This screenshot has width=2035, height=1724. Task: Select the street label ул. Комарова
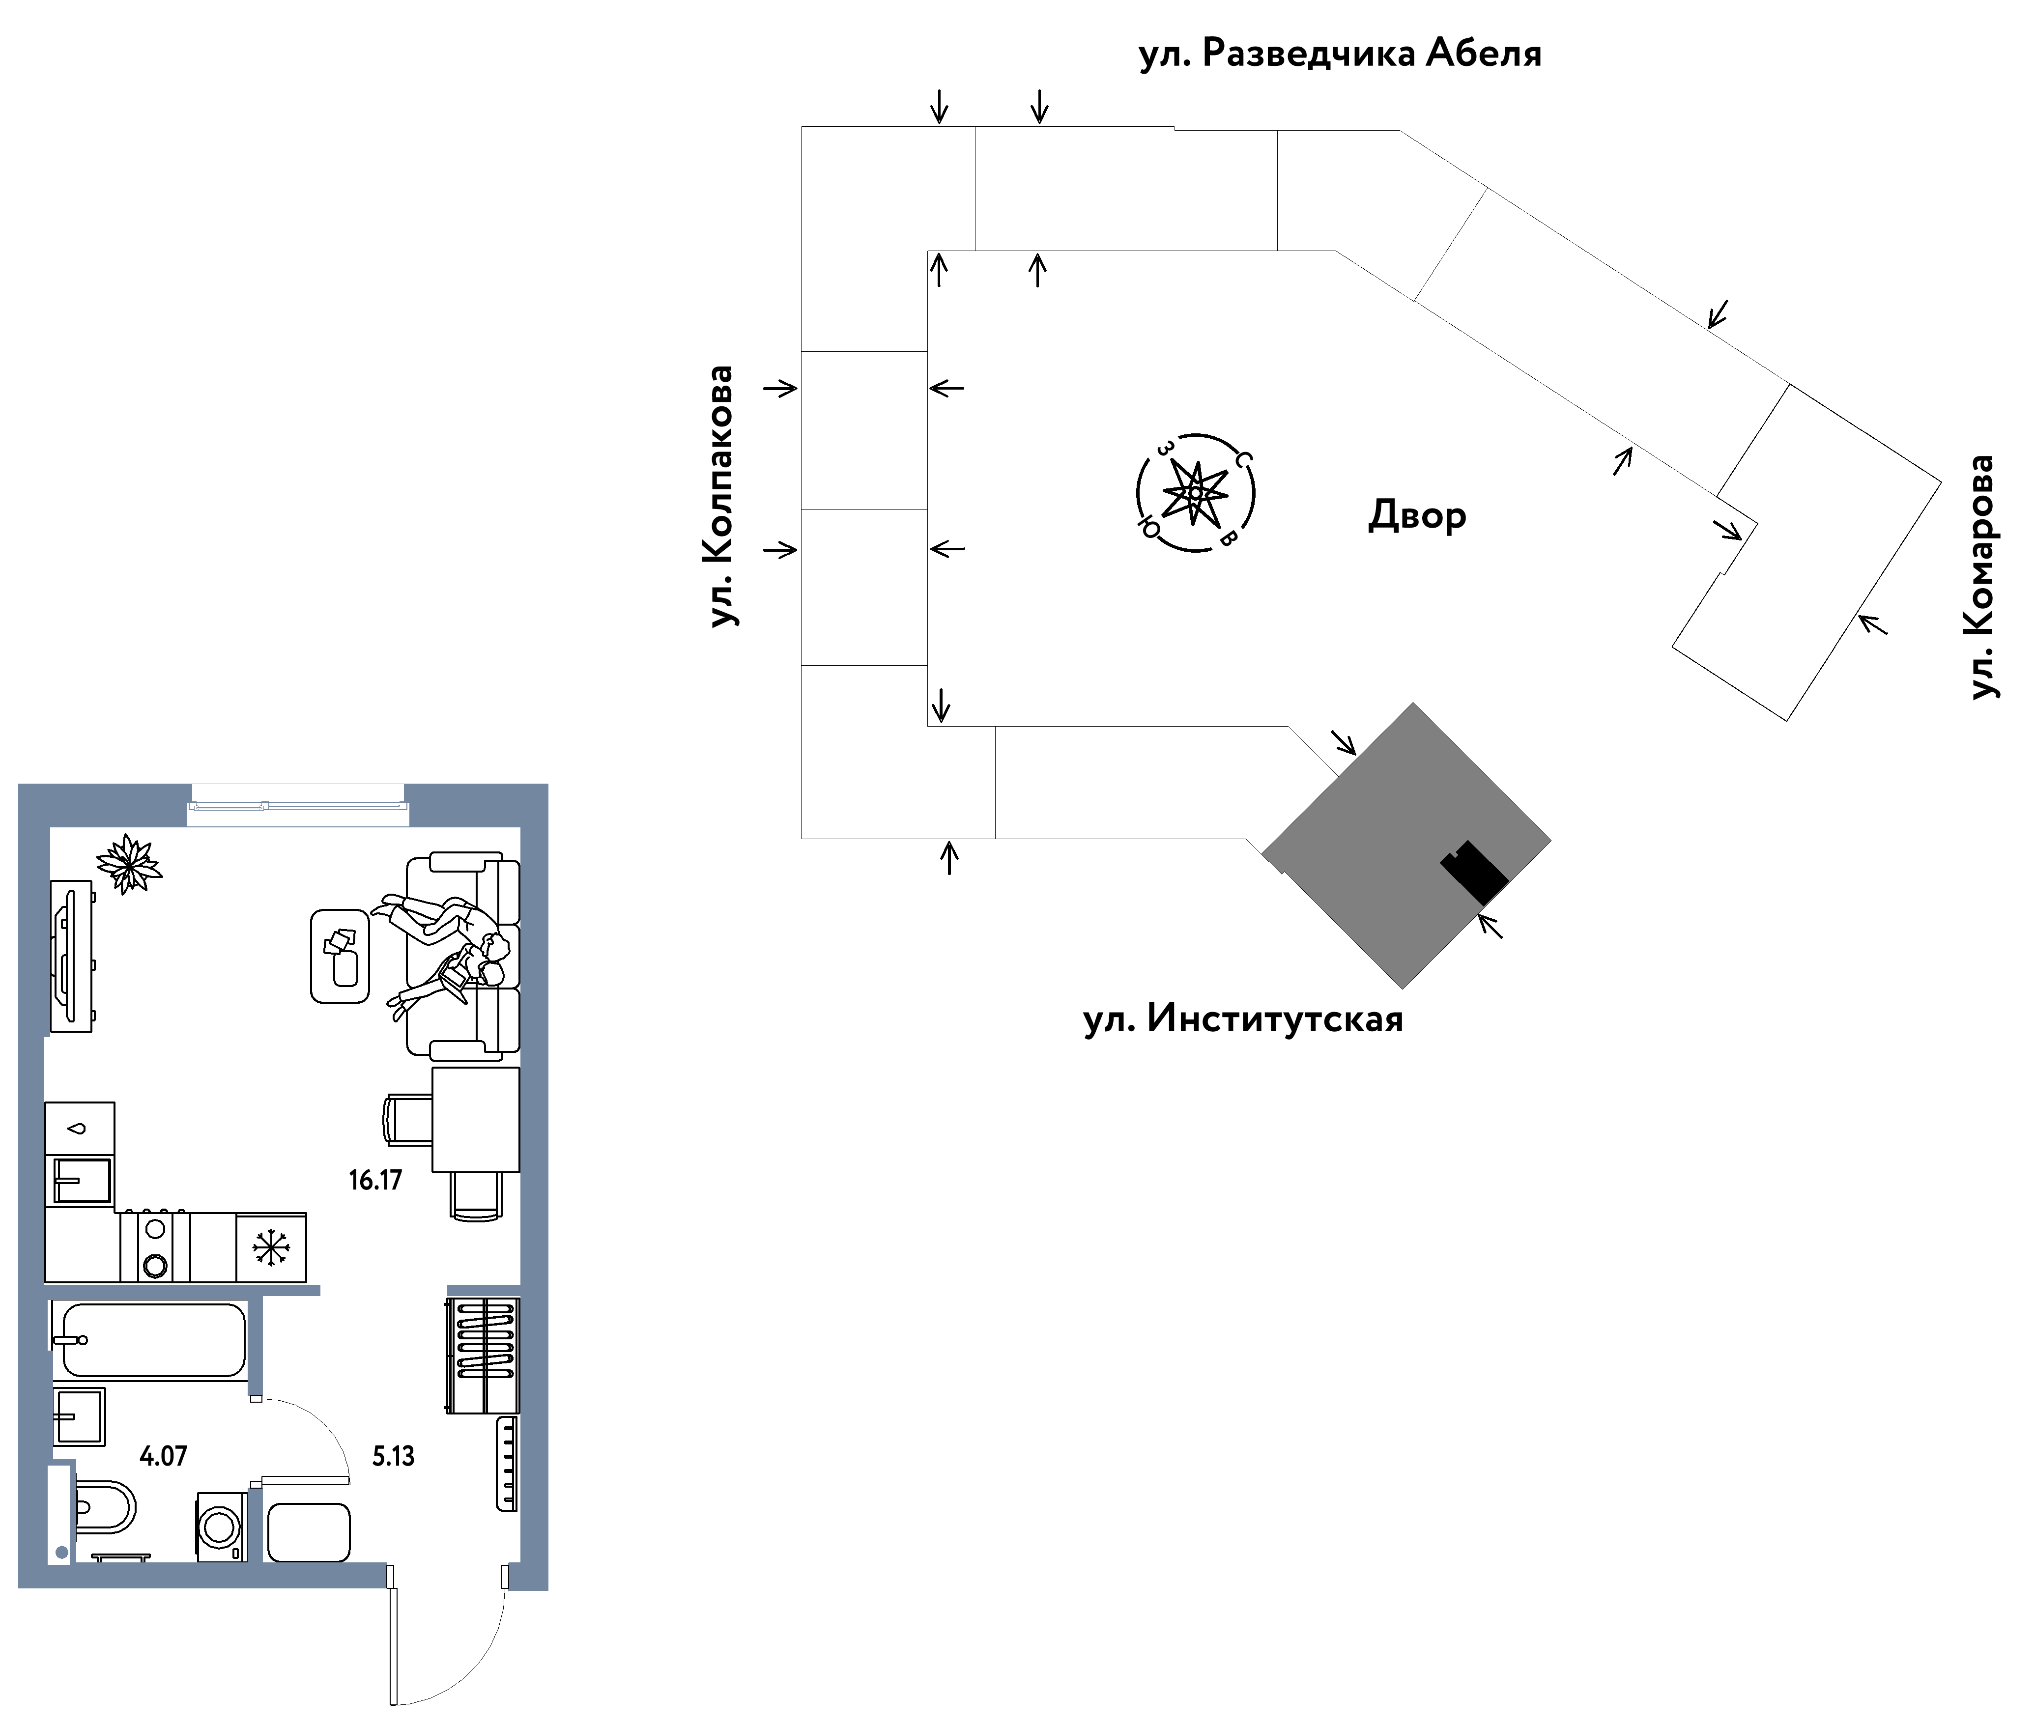click(x=1980, y=577)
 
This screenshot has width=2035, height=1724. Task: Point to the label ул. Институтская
click(x=1242, y=1018)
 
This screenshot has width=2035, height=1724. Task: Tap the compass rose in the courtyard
click(x=1195, y=493)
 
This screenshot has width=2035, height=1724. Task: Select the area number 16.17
click(x=375, y=1180)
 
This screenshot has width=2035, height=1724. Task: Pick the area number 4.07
click(x=163, y=1456)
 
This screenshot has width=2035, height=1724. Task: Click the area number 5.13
click(x=393, y=1456)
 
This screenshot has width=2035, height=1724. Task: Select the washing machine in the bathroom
click(x=221, y=1526)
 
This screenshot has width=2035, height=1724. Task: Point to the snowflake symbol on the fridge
click(x=271, y=1248)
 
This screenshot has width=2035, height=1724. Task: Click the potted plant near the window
click(x=128, y=863)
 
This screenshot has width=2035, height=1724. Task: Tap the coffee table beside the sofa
click(x=340, y=956)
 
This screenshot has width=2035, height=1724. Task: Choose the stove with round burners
click(x=154, y=1247)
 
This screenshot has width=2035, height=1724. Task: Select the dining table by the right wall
click(x=476, y=1119)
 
